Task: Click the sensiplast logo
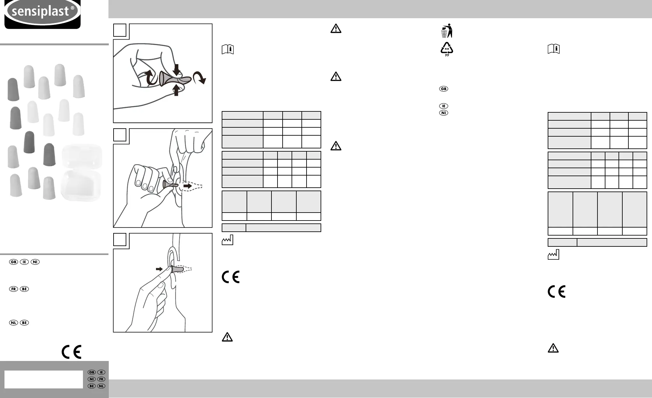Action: (42, 13)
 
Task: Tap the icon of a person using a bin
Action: (447, 31)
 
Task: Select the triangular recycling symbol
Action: (447, 49)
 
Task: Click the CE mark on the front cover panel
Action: (71, 352)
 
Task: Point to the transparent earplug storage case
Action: (81, 173)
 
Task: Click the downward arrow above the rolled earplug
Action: (176, 70)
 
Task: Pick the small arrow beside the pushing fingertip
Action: (159, 269)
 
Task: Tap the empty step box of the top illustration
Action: (120, 30)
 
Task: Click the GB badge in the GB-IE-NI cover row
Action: (13, 262)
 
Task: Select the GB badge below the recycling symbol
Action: (444, 89)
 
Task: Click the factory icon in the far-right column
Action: (553, 254)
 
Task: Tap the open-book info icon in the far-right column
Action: (554, 49)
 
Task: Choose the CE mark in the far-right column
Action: (557, 291)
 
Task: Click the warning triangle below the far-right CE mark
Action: (553, 348)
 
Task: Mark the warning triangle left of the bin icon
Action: (336, 29)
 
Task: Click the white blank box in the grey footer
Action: (44, 379)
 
